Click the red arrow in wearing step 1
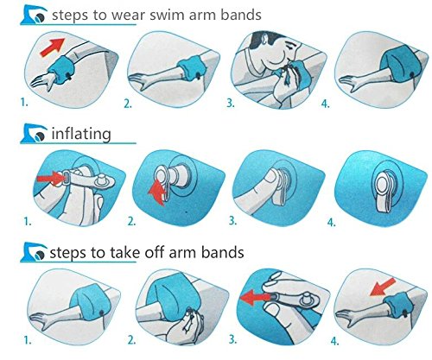53,47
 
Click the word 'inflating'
81,134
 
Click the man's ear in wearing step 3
265,39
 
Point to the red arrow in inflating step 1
51,179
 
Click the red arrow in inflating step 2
158,191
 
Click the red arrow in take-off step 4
382,287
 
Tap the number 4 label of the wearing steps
325,104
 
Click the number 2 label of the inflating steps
131,222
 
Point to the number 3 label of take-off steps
232,339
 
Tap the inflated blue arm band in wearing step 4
400,63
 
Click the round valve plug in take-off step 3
307,300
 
